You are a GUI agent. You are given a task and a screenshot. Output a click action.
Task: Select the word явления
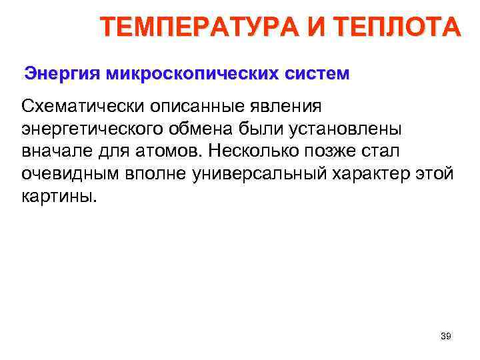point(291,106)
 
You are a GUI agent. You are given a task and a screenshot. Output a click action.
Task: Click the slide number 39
point(446,336)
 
